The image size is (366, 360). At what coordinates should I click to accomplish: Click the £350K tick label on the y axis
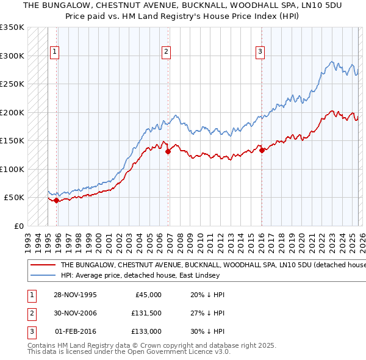point(12,27)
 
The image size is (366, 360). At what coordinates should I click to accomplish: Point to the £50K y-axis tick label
point(15,198)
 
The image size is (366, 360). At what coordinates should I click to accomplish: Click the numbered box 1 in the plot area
point(55,52)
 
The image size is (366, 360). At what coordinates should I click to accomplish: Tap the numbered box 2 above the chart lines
point(166,52)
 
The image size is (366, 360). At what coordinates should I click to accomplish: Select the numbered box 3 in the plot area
point(260,52)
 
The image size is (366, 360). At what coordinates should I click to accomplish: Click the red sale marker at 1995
point(56,200)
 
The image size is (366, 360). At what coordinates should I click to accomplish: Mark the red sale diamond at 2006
point(168,152)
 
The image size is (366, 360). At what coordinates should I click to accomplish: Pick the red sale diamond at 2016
point(261,150)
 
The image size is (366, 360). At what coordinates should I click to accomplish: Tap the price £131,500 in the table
point(146,313)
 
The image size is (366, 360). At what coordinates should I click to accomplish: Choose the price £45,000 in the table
point(148,294)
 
